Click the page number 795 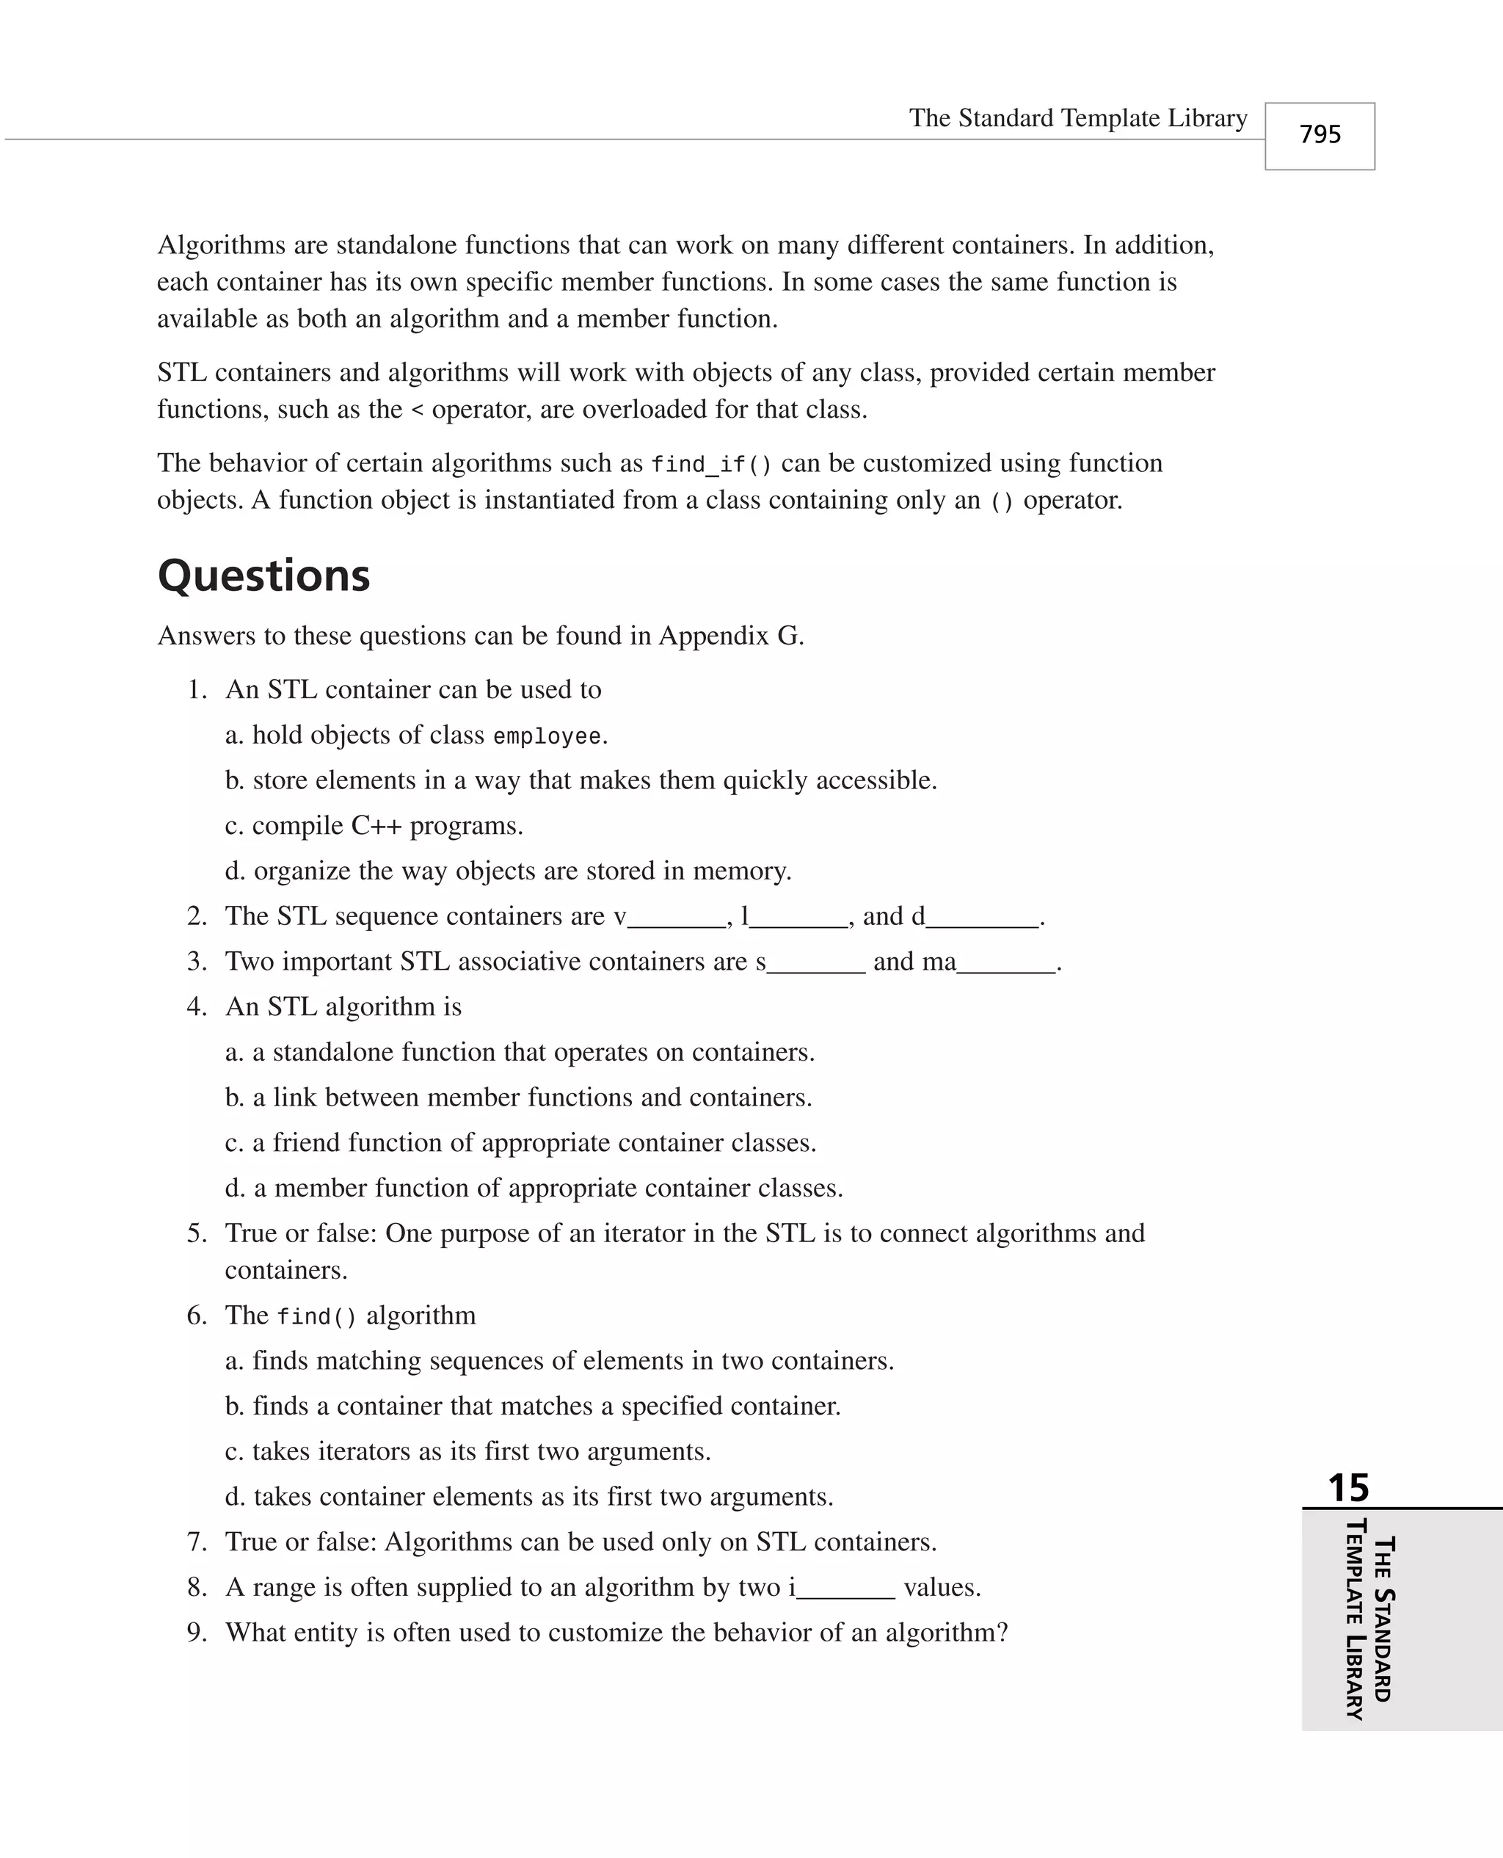tap(1320, 134)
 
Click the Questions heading tap(264, 576)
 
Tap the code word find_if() tap(711, 465)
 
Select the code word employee tap(546, 737)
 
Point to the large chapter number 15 tap(1348, 1487)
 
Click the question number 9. tap(197, 1632)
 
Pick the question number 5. tap(197, 1233)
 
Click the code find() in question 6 tap(316, 1317)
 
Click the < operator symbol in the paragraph tap(418, 410)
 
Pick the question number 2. tap(197, 916)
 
